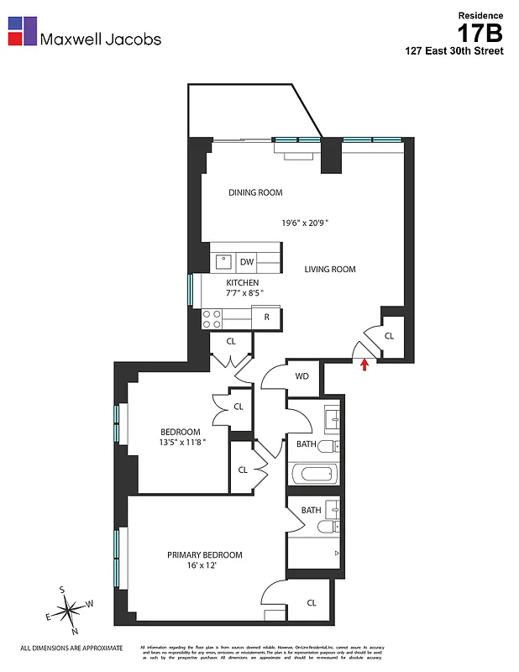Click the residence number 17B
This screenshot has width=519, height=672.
480,34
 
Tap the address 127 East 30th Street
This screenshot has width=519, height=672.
454,51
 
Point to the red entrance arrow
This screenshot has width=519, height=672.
364,365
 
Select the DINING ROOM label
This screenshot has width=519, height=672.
255,192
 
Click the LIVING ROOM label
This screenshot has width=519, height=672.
330,270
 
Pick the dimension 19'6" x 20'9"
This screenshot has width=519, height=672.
305,223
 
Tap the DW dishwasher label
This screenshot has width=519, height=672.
246,262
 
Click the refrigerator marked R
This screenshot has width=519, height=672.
267,318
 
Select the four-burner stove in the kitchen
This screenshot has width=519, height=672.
212,318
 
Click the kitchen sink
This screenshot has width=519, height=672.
221,260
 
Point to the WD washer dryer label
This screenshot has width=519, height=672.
301,376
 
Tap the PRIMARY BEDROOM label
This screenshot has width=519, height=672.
204,555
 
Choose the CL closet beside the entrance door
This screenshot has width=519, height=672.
389,336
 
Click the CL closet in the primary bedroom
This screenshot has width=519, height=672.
311,602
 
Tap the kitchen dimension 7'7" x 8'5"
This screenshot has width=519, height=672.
242,294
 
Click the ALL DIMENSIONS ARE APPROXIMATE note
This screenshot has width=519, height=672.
71,648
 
